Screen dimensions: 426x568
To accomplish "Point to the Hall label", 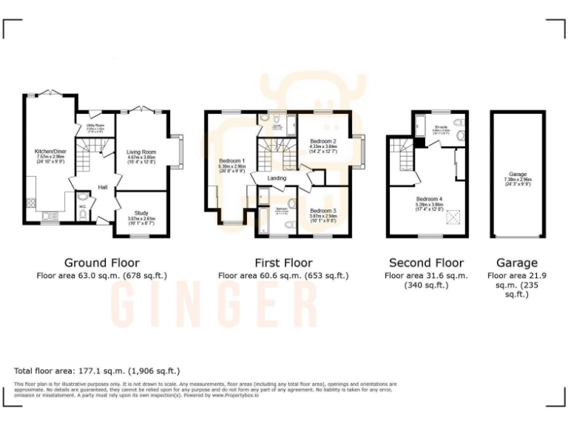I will click(x=103, y=187).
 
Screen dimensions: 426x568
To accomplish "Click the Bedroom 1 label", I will click(x=232, y=160).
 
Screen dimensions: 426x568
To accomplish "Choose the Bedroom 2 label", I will click(x=323, y=141).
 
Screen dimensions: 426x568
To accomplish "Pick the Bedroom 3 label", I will click(x=323, y=211).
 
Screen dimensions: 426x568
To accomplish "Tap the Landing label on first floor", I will click(x=277, y=177).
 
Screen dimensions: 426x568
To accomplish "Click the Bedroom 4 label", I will click(x=430, y=200).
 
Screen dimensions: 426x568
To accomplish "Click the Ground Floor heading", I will click(x=101, y=263).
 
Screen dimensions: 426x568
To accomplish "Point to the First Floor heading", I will click(x=283, y=263).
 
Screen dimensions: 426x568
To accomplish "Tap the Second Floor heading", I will click(x=426, y=263).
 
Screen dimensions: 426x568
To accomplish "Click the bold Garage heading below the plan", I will click(x=517, y=263).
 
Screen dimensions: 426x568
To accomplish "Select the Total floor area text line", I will click(x=97, y=370).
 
